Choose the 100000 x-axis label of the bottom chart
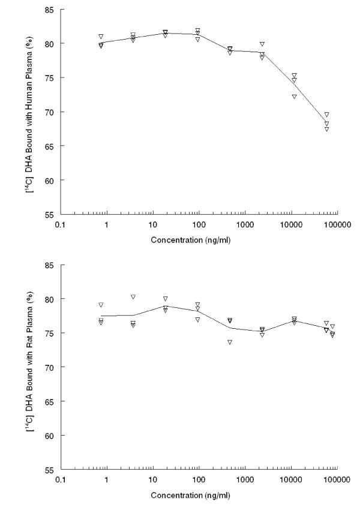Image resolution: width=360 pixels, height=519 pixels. click(x=337, y=481)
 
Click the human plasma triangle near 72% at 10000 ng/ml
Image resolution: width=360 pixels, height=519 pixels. click(x=294, y=97)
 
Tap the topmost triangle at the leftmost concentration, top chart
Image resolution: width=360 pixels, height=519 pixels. click(x=101, y=37)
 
